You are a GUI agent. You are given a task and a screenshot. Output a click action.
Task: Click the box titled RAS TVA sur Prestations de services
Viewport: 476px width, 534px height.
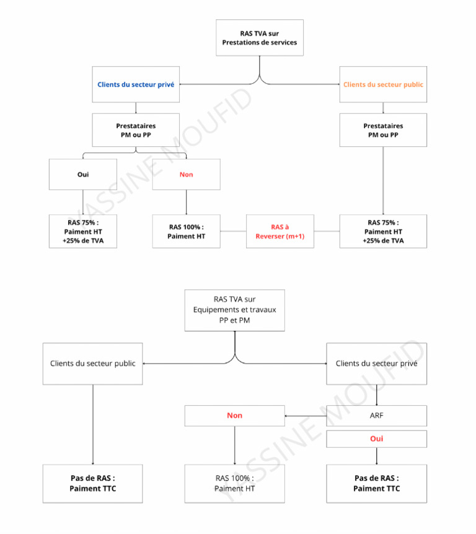(260, 37)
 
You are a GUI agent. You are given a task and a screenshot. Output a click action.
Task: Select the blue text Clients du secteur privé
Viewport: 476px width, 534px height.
(136, 84)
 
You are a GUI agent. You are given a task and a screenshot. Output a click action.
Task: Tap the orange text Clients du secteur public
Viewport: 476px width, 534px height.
(383, 84)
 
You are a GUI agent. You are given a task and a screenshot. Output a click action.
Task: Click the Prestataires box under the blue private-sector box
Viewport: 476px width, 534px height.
(136, 130)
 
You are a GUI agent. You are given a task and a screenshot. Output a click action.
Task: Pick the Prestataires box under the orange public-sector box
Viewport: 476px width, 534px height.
(383, 130)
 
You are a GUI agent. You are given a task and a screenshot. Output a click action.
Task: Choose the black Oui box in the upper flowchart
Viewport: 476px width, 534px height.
(83, 174)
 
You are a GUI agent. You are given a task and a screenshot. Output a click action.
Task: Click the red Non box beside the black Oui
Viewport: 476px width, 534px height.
(186, 174)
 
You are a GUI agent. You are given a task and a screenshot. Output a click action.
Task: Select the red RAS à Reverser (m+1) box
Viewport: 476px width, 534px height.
(280, 231)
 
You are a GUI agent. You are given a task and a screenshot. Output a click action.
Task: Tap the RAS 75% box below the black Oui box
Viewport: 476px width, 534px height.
(83, 231)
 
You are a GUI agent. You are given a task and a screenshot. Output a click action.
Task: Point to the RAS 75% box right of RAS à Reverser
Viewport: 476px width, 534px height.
(383, 231)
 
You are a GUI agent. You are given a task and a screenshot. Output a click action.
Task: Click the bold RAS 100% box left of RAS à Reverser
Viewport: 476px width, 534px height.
(186, 231)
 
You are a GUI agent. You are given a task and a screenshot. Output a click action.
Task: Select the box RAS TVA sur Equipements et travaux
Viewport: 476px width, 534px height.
(235, 310)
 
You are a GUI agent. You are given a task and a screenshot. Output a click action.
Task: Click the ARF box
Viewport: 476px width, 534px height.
(377, 415)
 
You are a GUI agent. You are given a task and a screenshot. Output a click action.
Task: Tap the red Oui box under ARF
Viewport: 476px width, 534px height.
(377, 439)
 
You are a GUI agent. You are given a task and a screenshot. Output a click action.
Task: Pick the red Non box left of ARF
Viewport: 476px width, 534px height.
(235, 415)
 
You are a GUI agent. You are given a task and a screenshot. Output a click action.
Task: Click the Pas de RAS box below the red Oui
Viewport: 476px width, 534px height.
(377, 483)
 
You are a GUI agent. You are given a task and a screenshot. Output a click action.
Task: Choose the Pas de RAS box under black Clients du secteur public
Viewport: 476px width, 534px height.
(93, 483)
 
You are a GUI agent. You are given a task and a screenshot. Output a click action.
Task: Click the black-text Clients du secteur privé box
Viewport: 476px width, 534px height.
(377, 364)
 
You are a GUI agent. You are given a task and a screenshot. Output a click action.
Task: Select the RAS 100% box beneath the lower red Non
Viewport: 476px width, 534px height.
(235, 483)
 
